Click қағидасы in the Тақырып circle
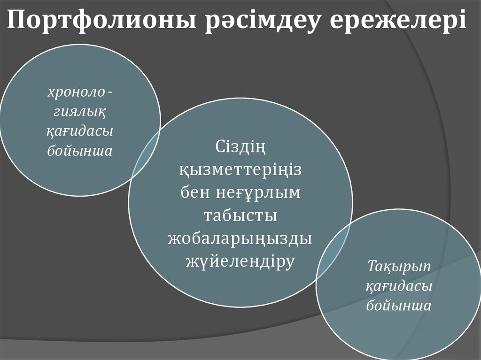399,286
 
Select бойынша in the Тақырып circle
399,306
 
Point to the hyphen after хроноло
110,93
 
